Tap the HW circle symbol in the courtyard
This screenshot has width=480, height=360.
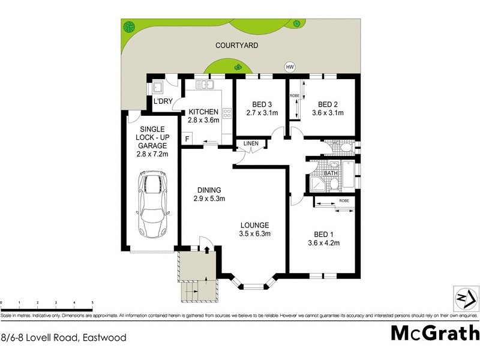point(291,67)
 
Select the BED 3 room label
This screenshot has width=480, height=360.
point(260,103)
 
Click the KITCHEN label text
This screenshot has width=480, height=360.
point(203,112)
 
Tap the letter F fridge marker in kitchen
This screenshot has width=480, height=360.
point(188,139)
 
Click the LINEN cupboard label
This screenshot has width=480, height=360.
point(251,143)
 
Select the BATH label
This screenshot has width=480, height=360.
point(331,173)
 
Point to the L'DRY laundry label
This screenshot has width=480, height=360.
point(163,101)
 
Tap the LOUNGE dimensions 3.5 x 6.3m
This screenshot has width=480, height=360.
point(256,235)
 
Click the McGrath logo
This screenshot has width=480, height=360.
point(435,333)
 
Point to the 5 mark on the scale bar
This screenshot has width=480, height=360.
point(92,303)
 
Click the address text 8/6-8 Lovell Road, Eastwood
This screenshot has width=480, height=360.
point(64,338)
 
